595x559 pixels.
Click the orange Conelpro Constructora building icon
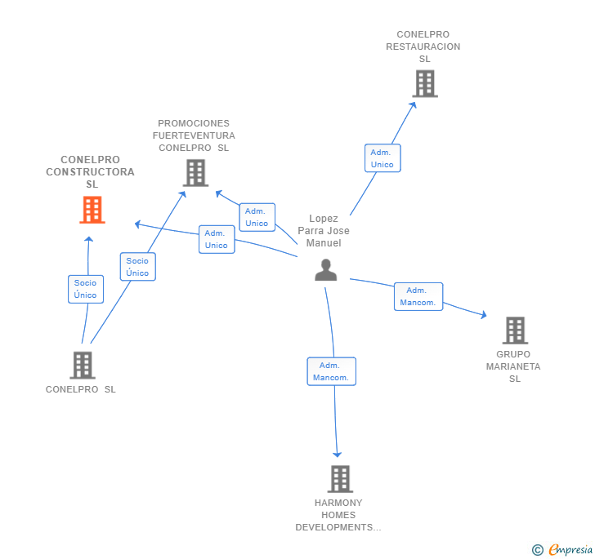coord(92,210)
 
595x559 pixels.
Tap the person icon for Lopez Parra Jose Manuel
coord(326,270)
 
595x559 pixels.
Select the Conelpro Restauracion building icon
coord(424,83)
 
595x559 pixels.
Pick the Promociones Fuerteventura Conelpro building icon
coord(195,173)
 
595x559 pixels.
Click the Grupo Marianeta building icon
coord(515,331)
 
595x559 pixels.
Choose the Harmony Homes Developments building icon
coord(340,479)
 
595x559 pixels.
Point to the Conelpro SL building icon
coord(83,365)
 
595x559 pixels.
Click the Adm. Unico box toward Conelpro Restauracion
coord(382,158)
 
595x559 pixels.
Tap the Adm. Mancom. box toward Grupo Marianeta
coord(418,296)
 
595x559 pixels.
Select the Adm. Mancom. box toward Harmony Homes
coord(331,371)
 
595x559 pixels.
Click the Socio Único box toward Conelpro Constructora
coord(85,289)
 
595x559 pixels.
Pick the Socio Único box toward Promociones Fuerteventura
coord(137,267)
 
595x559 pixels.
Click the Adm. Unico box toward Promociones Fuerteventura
coord(257,217)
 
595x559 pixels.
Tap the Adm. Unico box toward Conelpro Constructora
coord(217,239)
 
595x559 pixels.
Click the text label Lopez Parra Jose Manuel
coord(324,231)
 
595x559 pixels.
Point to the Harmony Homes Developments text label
coord(338,515)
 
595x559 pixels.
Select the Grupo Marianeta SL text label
coord(513,366)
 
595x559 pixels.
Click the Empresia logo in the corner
coord(563,550)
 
